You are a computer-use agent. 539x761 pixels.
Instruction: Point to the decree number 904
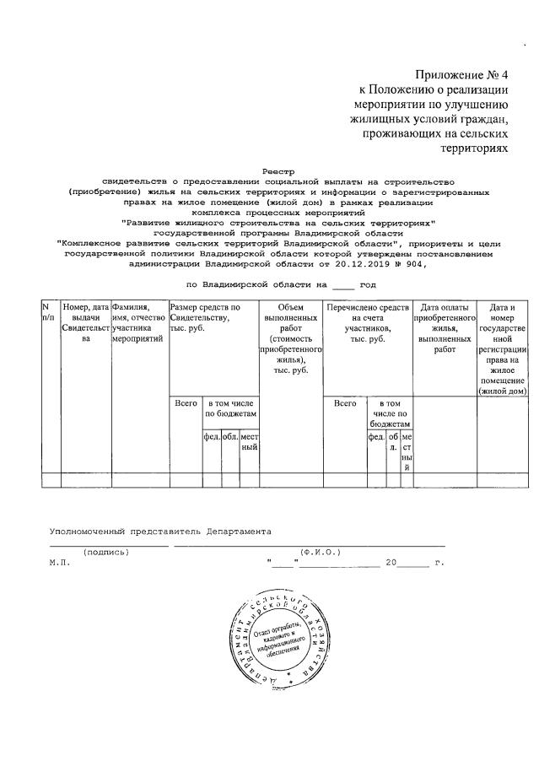[x=413, y=263]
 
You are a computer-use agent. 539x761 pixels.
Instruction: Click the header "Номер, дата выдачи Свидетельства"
[x=85, y=323]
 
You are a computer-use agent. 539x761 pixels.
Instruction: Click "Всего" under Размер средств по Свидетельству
[x=186, y=404]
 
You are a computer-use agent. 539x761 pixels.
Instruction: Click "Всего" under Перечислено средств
[x=345, y=404]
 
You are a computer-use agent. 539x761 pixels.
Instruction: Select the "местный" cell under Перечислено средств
[x=407, y=452]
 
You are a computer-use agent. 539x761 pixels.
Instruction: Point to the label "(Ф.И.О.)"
[x=320, y=553]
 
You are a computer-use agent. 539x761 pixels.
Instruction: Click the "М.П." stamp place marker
[x=58, y=561]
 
